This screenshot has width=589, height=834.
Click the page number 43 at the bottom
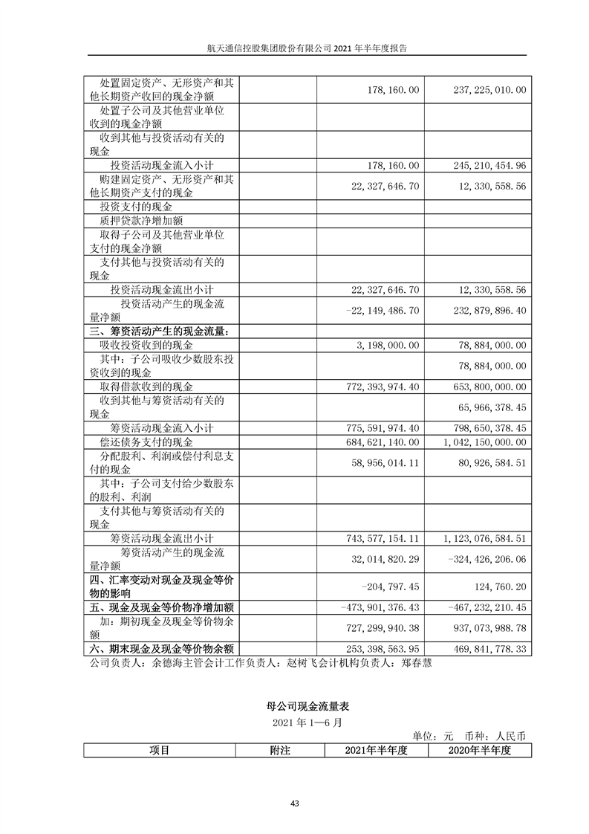[x=295, y=804]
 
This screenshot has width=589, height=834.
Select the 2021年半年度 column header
[x=377, y=750]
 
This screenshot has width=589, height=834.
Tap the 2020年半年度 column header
[x=481, y=750]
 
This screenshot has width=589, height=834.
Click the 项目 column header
[x=159, y=750]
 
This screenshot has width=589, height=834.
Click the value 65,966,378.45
[x=492, y=407]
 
